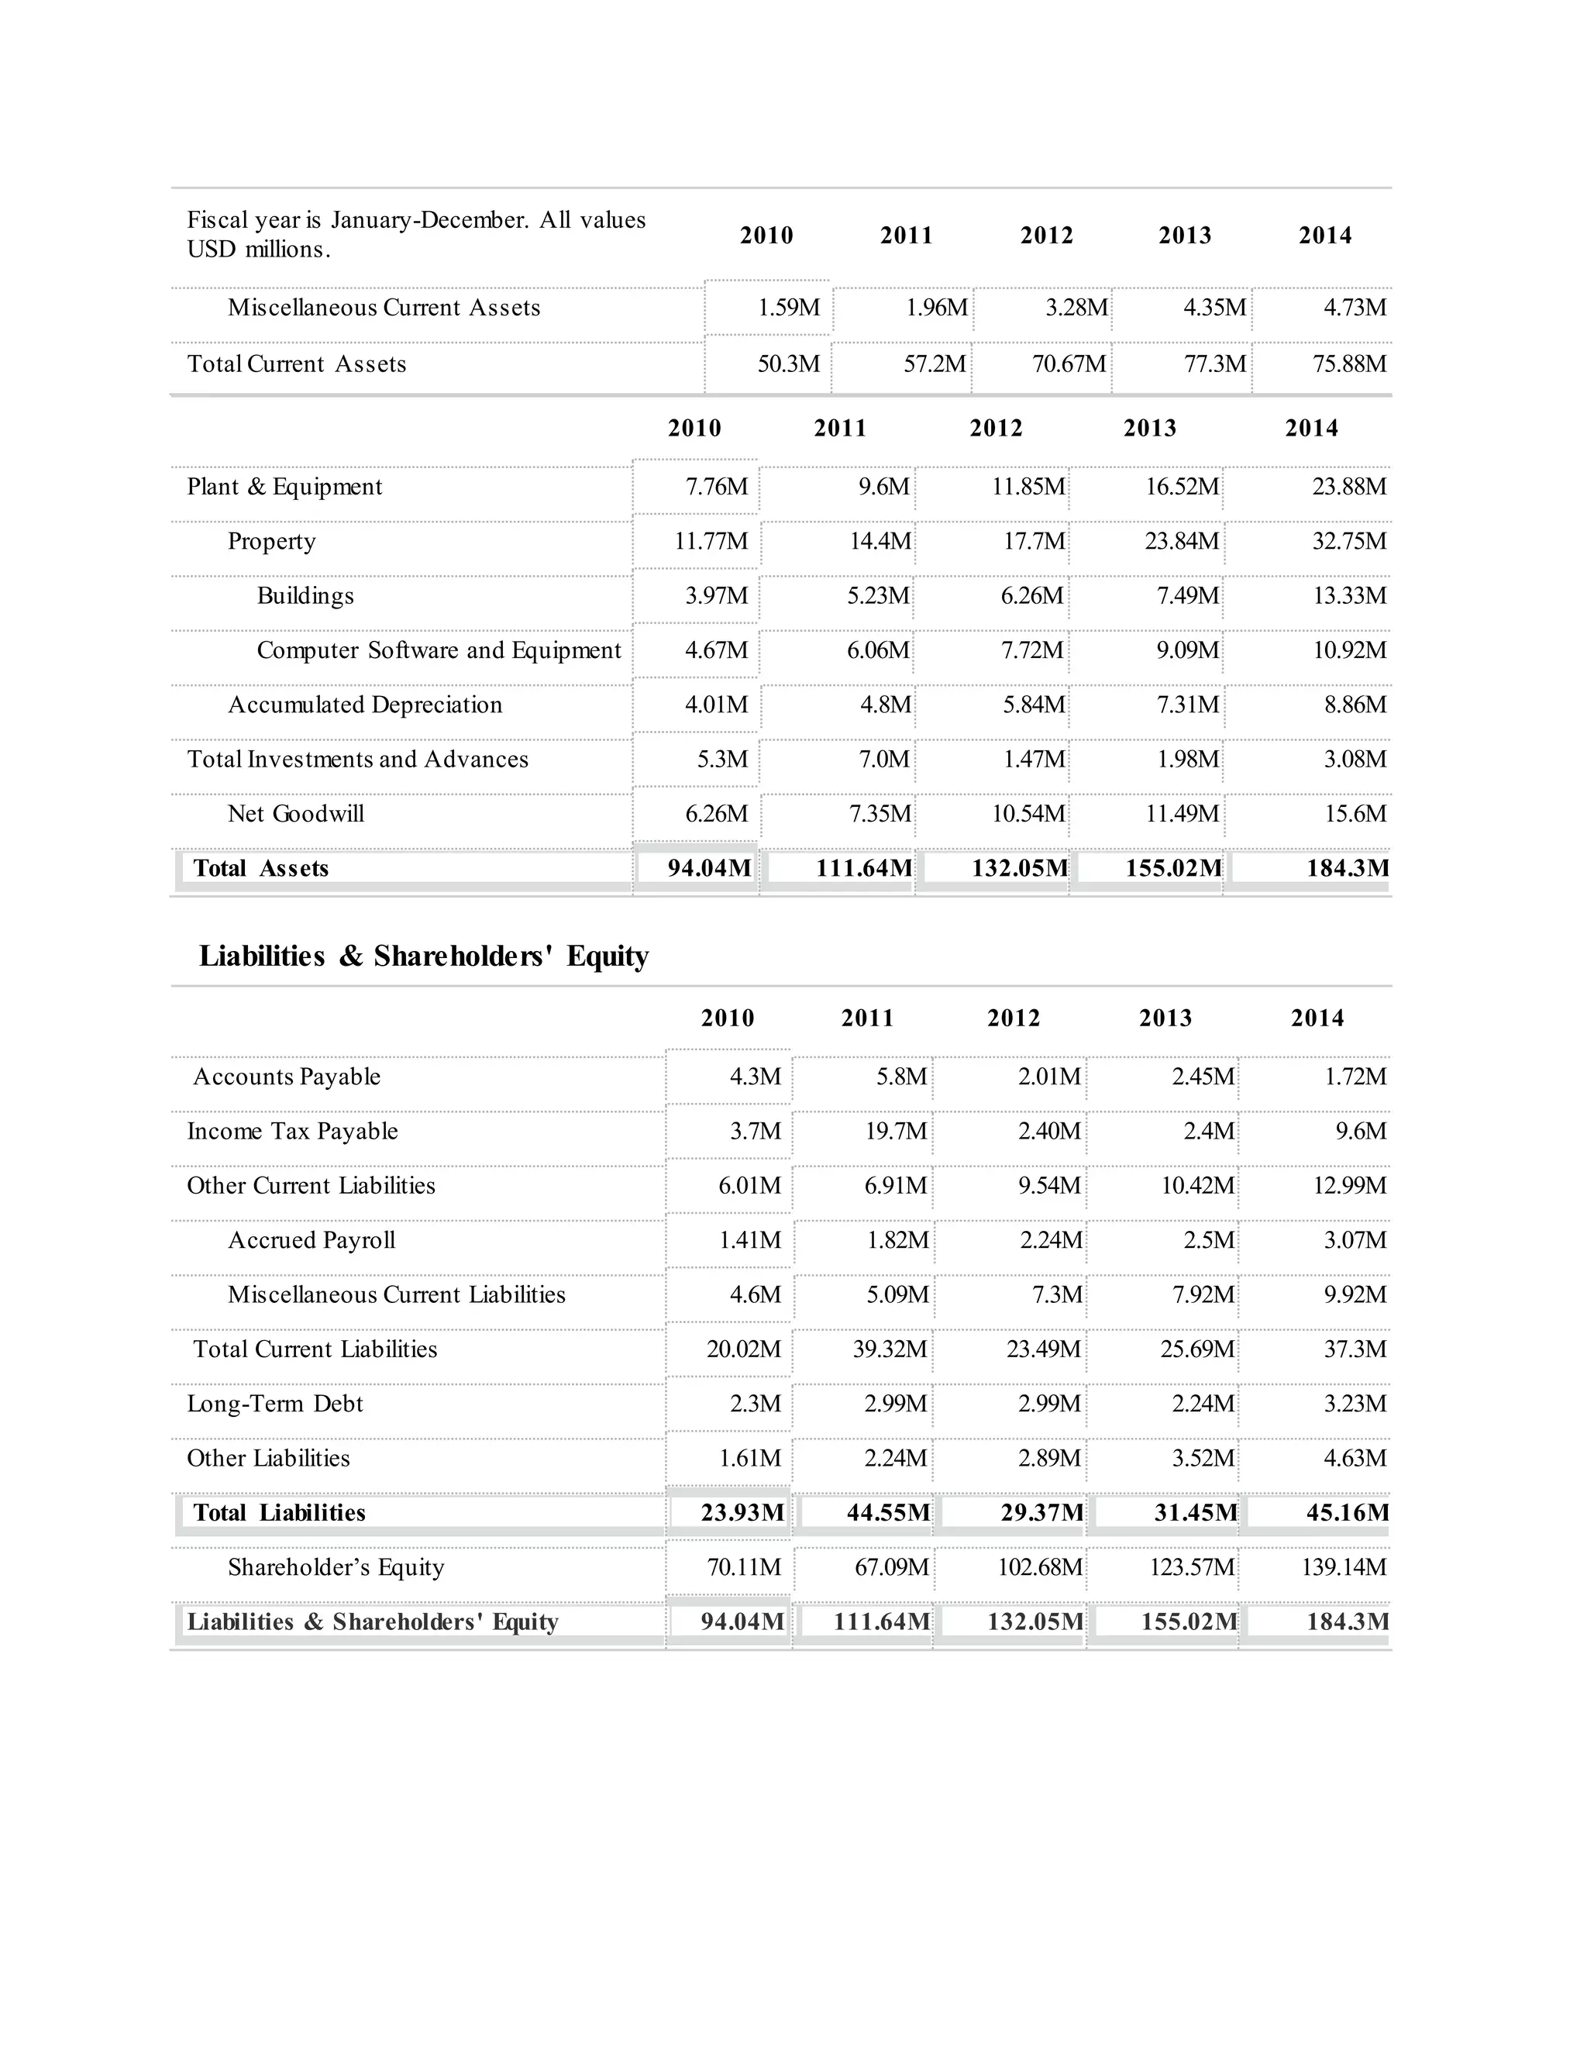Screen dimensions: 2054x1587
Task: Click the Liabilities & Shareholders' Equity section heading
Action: [423, 956]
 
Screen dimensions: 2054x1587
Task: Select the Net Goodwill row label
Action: [295, 815]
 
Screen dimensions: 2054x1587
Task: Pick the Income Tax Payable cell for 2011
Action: [895, 1132]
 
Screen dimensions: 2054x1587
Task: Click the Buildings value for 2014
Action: [1349, 596]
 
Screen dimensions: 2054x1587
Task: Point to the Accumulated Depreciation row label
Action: [365, 705]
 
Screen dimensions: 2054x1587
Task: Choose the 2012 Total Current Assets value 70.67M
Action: [1069, 364]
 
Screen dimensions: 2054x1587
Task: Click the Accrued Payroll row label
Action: [312, 1240]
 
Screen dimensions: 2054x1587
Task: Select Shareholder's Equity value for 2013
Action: [1191, 1568]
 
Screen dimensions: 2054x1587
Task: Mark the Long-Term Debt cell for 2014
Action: [1355, 1404]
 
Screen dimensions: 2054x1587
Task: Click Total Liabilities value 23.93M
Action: [742, 1512]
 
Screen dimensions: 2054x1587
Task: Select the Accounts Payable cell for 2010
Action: [755, 1077]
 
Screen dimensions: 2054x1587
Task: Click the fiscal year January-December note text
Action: [415, 234]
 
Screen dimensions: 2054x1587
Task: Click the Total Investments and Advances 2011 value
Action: [883, 760]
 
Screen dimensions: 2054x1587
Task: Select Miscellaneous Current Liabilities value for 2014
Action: [1355, 1295]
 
